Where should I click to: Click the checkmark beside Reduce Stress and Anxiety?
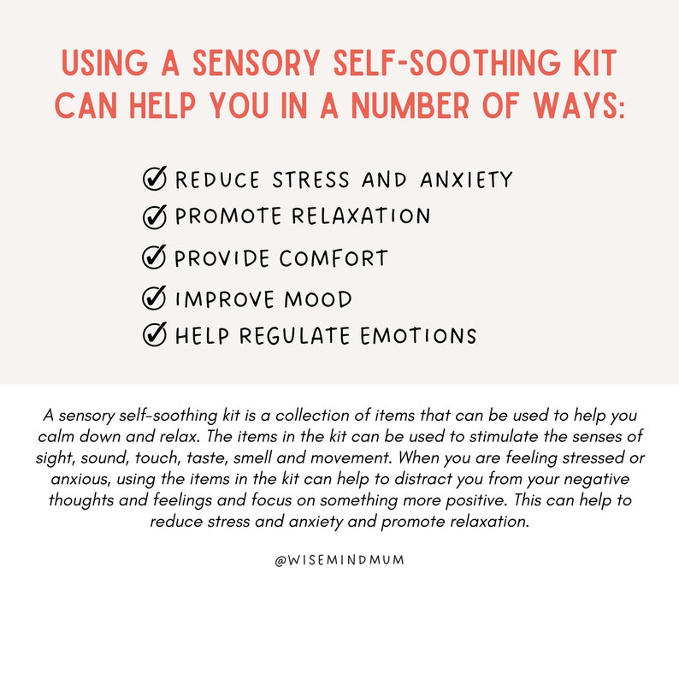pyautogui.click(x=154, y=179)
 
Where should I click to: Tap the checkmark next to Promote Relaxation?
pyautogui.click(x=154, y=216)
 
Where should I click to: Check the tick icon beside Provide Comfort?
pyautogui.click(x=154, y=257)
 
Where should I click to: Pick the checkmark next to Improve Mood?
pyautogui.click(x=154, y=298)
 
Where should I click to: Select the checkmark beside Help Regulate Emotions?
pyautogui.click(x=154, y=335)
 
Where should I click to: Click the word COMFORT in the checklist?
pyautogui.click(x=334, y=258)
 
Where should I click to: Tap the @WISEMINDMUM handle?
pyautogui.click(x=339, y=560)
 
